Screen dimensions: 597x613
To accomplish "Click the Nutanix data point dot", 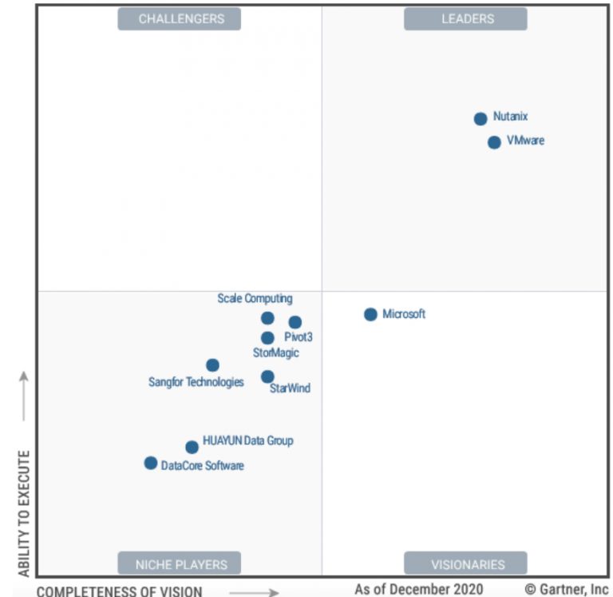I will click(481, 119).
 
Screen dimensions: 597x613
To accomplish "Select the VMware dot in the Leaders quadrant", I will click(494, 142).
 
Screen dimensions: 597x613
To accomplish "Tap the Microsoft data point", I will click(370, 314).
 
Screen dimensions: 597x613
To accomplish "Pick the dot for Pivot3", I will click(295, 322).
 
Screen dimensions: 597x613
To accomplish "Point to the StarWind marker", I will click(267, 376).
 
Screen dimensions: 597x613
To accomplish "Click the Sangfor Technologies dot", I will click(212, 365).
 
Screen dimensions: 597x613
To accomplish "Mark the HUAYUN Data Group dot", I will click(192, 448).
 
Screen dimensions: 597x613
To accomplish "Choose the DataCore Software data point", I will click(150, 463).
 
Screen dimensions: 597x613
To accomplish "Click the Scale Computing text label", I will click(255, 299).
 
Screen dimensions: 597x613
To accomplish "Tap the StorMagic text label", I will click(276, 352).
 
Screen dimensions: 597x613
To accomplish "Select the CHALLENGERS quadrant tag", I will click(180, 18).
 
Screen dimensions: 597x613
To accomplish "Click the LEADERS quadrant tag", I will click(467, 18).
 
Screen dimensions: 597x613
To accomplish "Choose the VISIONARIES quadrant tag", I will click(467, 564).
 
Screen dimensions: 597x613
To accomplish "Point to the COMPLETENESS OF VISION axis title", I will click(120, 591).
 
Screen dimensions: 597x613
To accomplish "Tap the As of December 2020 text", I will click(419, 589).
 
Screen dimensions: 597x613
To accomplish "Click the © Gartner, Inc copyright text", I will click(566, 589).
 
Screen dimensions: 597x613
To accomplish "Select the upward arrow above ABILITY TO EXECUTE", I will click(24, 396).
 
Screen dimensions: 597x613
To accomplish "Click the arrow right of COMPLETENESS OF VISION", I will click(259, 592).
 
